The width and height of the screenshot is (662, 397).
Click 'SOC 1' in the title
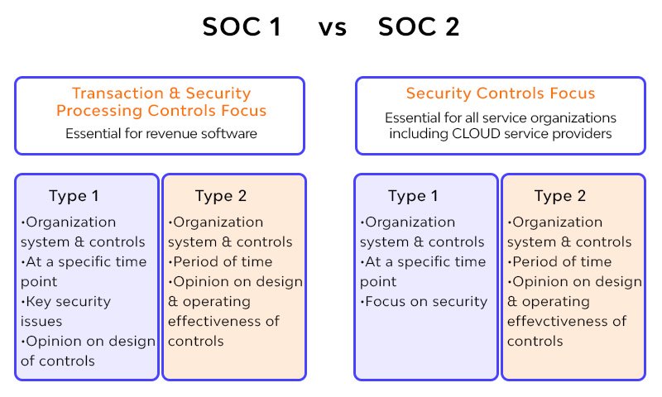242,27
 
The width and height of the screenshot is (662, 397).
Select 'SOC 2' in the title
419,27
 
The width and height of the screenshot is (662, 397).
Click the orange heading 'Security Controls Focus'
501,93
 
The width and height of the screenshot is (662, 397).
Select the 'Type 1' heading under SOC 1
74,196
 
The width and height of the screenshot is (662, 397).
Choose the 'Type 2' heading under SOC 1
221,196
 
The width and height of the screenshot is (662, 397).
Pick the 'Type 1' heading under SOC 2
413,196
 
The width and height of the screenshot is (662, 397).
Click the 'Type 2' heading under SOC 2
560,196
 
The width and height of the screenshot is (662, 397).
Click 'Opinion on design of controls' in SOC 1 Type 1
87,351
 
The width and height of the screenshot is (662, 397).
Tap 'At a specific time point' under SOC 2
423,271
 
